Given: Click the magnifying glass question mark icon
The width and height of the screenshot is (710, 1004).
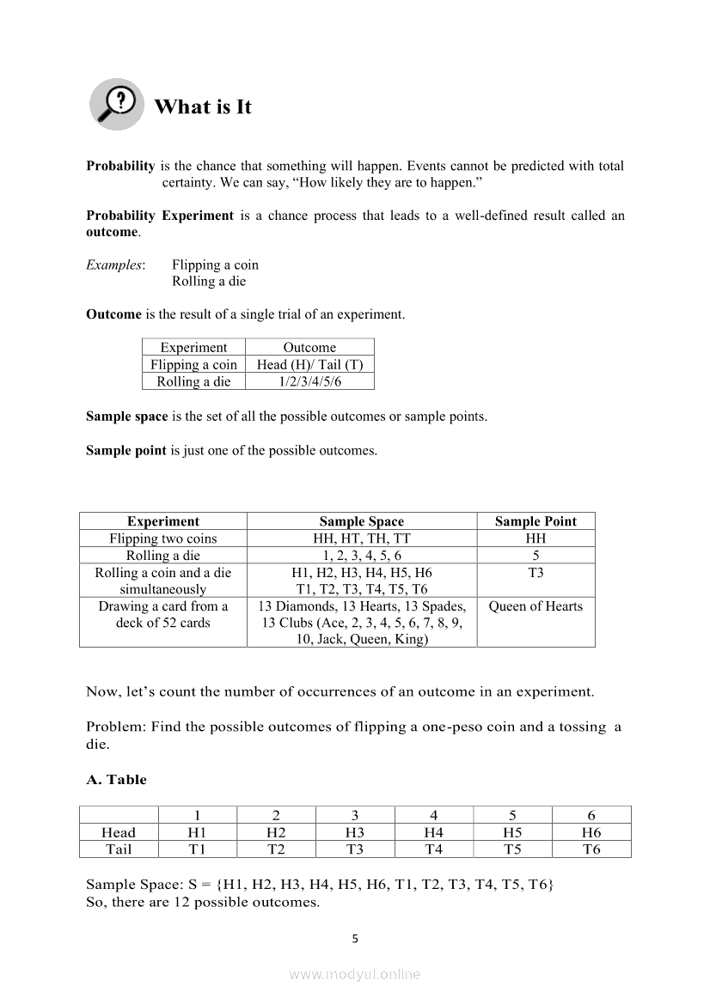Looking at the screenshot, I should click(117, 104).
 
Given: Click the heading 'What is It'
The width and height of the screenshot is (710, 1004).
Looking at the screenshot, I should click(203, 107).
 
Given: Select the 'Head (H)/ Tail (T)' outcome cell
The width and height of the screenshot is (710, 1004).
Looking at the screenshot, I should click(309, 364).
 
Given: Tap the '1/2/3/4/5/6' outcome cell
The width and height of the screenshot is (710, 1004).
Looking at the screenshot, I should click(309, 381).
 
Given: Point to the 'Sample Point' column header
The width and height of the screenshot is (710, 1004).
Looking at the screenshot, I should click(536, 521).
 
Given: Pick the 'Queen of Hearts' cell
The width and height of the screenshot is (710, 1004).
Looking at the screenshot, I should click(536, 606).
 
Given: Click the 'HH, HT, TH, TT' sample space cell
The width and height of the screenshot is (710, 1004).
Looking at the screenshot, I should click(361, 539).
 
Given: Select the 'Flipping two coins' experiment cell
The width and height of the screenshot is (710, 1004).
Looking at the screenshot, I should click(163, 539).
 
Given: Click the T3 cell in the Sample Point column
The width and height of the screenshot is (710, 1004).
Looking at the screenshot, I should click(536, 573).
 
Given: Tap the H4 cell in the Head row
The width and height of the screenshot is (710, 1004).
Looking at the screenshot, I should click(433, 832).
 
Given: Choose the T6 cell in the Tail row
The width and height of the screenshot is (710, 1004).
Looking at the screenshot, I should click(591, 849).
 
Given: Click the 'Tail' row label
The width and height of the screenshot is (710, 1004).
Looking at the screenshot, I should click(119, 849).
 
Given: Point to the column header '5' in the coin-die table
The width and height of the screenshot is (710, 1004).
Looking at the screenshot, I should click(512, 815).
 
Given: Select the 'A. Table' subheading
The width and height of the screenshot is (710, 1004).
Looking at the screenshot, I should click(117, 780).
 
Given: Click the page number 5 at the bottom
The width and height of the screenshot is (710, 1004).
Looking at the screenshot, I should click(355, 939).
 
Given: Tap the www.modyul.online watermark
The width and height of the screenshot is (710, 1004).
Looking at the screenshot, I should click(355, 974).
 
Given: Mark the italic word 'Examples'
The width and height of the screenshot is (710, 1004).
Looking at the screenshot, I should click(114, 265).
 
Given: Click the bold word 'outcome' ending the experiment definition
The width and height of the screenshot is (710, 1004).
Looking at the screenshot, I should click(112, 232).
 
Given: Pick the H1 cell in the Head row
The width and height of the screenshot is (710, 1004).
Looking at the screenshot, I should click(197, 832).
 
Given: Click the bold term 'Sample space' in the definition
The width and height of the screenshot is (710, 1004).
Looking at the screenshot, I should click(126, 417).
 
